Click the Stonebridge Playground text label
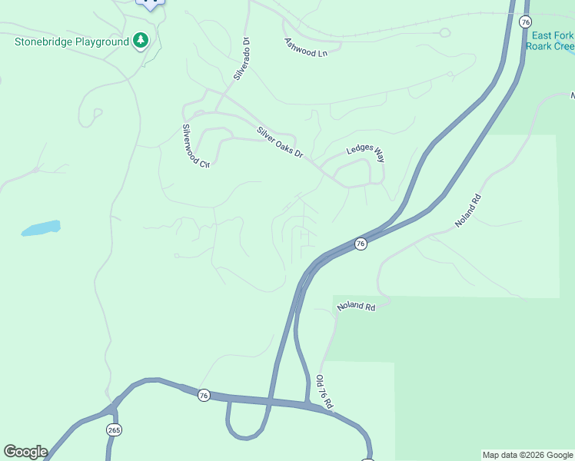(x=71, y=41)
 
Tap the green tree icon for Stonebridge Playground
(x=140, y=40)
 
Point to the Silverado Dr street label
(x=242, y=59)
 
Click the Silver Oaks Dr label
(x=281, y=143)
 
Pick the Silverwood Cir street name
(x=195, y=146)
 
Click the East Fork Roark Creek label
(x=550, y=41)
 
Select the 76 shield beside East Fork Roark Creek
(x=525, y=22)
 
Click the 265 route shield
(x=114, y=429)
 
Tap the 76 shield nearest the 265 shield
(x=203, y=395)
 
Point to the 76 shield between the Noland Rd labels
(x=360, y=244)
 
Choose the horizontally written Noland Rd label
(x=356, y=307)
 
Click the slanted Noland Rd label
(x=467, y=210)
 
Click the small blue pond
(x=41, y=228)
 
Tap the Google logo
(x=25, y=452)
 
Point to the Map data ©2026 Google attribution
(x=528, y=455)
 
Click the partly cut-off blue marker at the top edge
(x=151, y=3)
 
